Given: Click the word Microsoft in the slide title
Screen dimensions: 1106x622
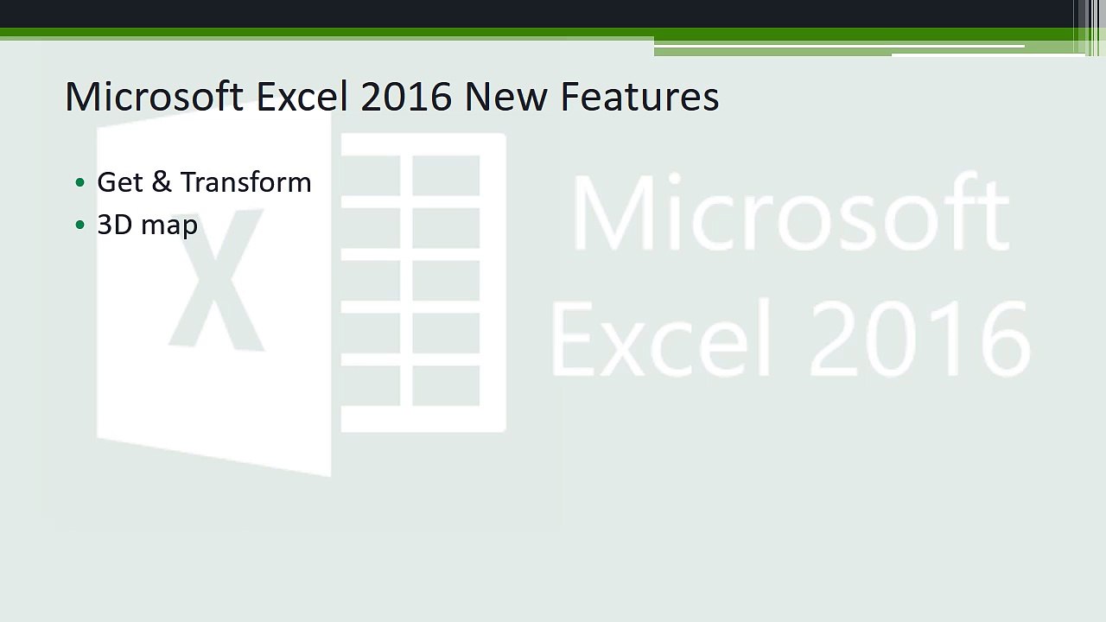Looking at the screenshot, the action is click(154, 96).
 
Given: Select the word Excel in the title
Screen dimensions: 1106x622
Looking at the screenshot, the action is click(302, 96).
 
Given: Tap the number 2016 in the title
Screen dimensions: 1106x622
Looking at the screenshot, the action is click(406, 96).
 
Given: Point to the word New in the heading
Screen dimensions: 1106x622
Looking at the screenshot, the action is click(506, 96).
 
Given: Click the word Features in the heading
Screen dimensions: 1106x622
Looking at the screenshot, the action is click(640, 96).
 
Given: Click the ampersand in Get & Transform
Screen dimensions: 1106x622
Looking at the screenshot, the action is click(162, 181).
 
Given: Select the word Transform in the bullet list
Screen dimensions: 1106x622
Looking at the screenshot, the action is click(246, 181).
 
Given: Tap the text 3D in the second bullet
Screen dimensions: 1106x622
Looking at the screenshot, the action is click(115, 225).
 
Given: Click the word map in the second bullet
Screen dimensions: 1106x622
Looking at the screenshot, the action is click(169, 227).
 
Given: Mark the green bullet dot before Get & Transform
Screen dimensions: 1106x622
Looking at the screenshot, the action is click(80, 182).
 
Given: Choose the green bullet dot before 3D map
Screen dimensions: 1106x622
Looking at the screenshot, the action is click(80, 225).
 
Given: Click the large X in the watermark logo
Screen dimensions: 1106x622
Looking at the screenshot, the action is click(216, 279).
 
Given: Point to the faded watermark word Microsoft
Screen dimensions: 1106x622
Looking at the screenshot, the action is click(790, 213).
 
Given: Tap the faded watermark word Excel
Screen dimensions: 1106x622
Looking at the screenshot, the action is click(661, 338).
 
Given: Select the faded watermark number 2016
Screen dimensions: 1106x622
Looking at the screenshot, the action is click(920, 339).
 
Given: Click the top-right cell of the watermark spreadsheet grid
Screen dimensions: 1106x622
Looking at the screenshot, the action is click(446, 175).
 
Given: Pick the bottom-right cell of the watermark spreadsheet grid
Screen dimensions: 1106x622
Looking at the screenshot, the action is click(446, 385).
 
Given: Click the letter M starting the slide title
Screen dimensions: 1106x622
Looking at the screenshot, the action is click(81, 96).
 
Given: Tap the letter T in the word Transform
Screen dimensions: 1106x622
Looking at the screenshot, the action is click(189, 181).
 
